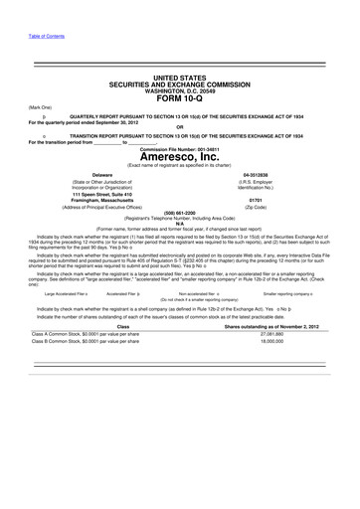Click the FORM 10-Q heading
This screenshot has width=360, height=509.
click(179, 98)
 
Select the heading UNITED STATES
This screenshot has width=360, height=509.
click(179, 77)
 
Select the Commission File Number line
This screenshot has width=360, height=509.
click(179, 147)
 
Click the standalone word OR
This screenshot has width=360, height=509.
click(179, 126)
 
